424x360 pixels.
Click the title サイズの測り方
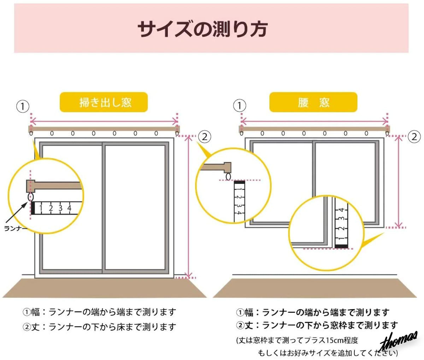(x=203, y=29)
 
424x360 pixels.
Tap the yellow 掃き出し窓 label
(x=104, y=102)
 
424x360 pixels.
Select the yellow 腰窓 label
(x=313, y=102)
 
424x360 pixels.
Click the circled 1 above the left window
(x=23, y=106)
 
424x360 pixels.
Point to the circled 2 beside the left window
(x=205, y=137)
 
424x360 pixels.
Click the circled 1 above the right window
(x=240, y=106)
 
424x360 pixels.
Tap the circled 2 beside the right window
(x=414, y=137)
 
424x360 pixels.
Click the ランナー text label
(x=16, y=228)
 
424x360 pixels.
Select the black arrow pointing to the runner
(x=16, y=212)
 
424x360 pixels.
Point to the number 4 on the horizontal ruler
(x=69, y=208)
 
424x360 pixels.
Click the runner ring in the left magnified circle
(x=30, y=197)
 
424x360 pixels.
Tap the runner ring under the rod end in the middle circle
(x=228, y=176)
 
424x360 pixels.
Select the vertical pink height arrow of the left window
(x=189, y=207)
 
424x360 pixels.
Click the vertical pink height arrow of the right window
(x=398, y=181)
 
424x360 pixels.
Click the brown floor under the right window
(x=315, y=288)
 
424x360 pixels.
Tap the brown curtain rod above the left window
(x=104, y=129)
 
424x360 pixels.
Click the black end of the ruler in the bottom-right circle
(x=341, y=246)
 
